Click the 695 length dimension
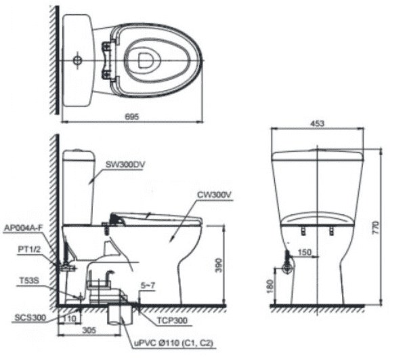tap(132, 117)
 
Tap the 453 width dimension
tap(317, 123)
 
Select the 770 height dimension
tap(376, 228)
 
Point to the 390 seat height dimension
tap(219, 265)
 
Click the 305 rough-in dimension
tap(89, 330)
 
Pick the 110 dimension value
tap(70, 318)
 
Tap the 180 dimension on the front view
tap(270, 286)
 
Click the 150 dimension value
tap(305, 252)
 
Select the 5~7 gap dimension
tap(148, 285)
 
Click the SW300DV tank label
tap(125, 165)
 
